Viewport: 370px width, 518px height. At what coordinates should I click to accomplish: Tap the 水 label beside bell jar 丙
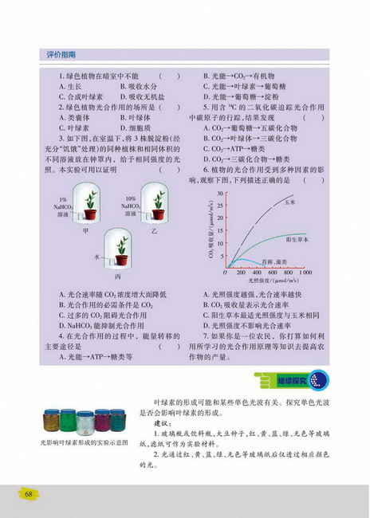[97, 257]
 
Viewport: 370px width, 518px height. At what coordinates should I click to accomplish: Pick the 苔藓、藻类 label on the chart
[274, 261]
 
